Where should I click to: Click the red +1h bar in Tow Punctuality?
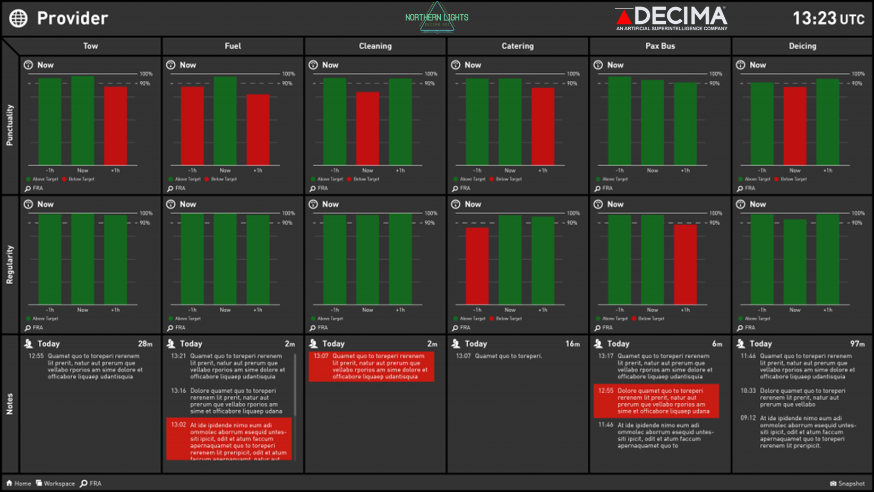coord(115,125)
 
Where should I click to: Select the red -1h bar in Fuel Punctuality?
coord(192,125)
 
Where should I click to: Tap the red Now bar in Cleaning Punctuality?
coord(367,128)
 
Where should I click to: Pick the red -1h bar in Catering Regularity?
coord(477,266)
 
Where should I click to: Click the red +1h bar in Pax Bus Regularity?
coord(685,264)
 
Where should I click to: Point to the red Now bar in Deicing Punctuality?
coord(794,125)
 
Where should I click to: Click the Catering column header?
coord(517,46)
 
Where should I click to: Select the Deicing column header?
coord(802,46)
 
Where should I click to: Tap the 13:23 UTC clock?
coord(828,19)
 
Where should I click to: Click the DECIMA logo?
coord(672,18)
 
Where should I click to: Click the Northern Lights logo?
coord(436,18)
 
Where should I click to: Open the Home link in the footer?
coord(19,483)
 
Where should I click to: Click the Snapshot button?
coord(847,483)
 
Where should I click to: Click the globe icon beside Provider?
coord(19,19)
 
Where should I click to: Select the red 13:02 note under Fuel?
coord(229,439)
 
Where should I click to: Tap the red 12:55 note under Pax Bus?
coord(656,401)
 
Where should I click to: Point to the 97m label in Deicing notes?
coord(857,344)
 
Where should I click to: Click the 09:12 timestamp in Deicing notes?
coord(748,418)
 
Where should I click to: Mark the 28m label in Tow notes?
coord(145,344)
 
